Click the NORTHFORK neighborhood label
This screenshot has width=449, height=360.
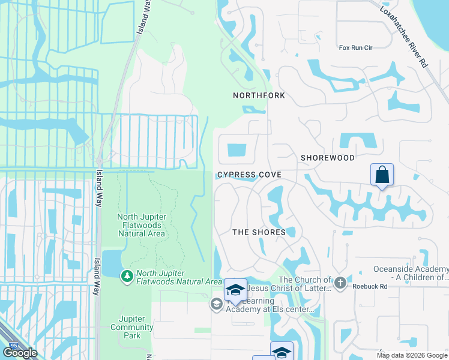259,95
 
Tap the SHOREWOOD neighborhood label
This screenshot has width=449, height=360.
327,158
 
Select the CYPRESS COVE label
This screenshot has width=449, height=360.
249,175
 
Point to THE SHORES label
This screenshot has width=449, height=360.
259,232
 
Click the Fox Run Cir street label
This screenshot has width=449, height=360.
355,47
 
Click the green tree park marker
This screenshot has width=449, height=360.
127,275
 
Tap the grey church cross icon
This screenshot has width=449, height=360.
340,281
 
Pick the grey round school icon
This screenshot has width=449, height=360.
216,305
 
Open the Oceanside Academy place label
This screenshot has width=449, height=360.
411,273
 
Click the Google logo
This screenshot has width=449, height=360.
20,353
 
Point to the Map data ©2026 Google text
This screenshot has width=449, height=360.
412,355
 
